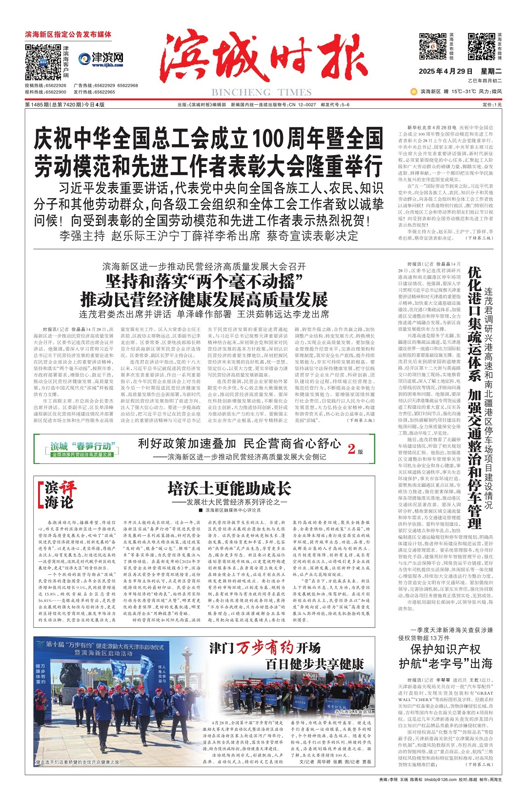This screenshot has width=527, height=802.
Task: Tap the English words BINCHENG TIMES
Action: click(262, 92)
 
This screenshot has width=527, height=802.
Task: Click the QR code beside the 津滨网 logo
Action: click(43, 62)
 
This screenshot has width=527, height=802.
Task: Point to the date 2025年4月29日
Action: click(446, 71)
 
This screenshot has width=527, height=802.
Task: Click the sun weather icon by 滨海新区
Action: click(414, 91)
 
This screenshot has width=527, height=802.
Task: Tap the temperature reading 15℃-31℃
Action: click(464, 91)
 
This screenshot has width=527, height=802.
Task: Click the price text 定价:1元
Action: click(492, 105)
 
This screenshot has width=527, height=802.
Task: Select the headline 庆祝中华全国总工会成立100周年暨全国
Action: click(208, 139)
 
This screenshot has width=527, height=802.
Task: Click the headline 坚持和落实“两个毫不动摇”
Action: click(203, 282)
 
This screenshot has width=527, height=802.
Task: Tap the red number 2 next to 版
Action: click(351, 449)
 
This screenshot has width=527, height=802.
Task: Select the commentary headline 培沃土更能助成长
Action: click(229, 489)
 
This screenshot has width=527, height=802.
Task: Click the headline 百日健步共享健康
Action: click(315, 664)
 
